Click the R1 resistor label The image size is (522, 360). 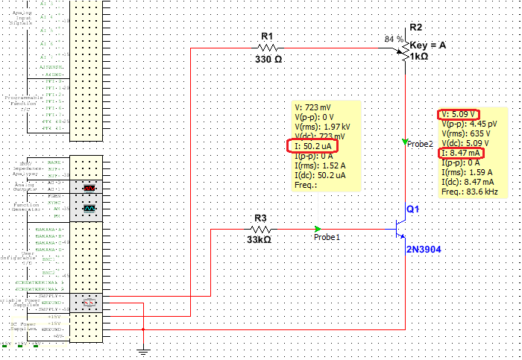[267, 36]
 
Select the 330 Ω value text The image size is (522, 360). [267, 59]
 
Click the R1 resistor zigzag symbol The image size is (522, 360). [267, 48]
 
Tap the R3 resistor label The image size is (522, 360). [260, 218]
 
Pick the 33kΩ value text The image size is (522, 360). [258, 240]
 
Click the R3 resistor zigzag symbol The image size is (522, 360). [260, 229]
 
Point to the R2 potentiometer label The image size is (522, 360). [416, 28]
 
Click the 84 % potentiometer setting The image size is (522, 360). [393, 39]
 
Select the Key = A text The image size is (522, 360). [427, 45]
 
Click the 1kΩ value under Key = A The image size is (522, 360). [418, 57]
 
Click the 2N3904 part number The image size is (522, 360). [424, 249]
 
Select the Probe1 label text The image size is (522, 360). [327, 237]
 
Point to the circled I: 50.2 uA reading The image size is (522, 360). [312, 146]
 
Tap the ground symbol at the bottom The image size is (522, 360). [144, 349]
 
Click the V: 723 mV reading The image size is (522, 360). [314, 107]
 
